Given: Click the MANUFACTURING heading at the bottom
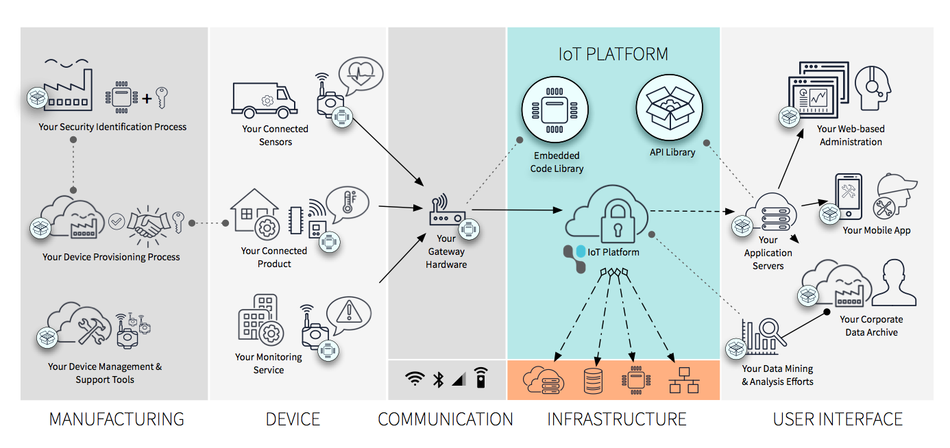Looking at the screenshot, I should [x=117, y=419].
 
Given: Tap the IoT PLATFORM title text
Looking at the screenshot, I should [x=613, y=54].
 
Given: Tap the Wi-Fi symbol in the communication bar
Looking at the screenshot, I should [x=414, y=379].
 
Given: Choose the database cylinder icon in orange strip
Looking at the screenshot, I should [x=593, y=380].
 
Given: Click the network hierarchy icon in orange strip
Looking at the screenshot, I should [x=683, y=380].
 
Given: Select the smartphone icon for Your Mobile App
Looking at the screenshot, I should [x=848, y=195].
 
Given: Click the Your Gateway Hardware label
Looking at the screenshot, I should [x=446, y=251].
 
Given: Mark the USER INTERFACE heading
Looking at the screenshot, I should [x=838, y=419].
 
